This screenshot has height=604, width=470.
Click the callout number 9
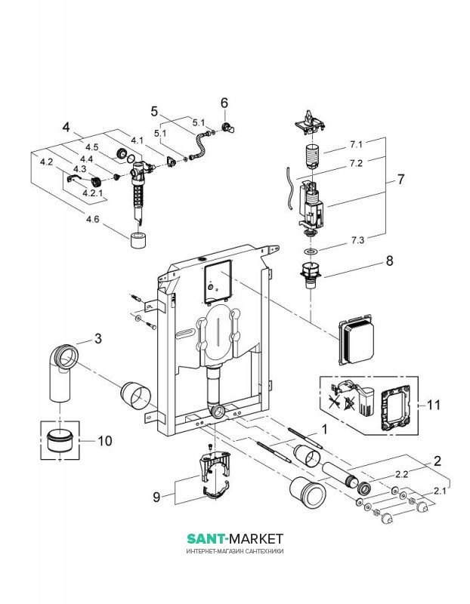pos(156,497)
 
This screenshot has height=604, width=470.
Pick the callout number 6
pos(224,102)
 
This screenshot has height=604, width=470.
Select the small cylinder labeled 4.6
pos(138,242)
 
